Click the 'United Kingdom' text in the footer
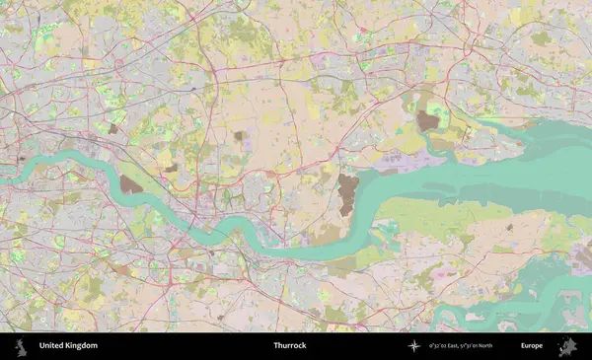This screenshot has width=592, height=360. point(68,346)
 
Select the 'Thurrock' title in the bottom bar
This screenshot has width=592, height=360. point(290,346)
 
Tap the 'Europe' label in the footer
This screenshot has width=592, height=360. point(532,346)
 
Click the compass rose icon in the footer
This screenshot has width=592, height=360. point(413,346)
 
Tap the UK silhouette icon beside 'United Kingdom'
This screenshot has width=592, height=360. point(20,346)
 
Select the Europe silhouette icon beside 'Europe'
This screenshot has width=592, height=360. point(567,346)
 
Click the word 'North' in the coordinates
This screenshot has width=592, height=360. point(510,346)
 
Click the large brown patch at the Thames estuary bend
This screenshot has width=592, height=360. point(347,194)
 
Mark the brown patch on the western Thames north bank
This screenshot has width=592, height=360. point(130,183)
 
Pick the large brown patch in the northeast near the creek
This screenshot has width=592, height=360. point(427,121)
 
